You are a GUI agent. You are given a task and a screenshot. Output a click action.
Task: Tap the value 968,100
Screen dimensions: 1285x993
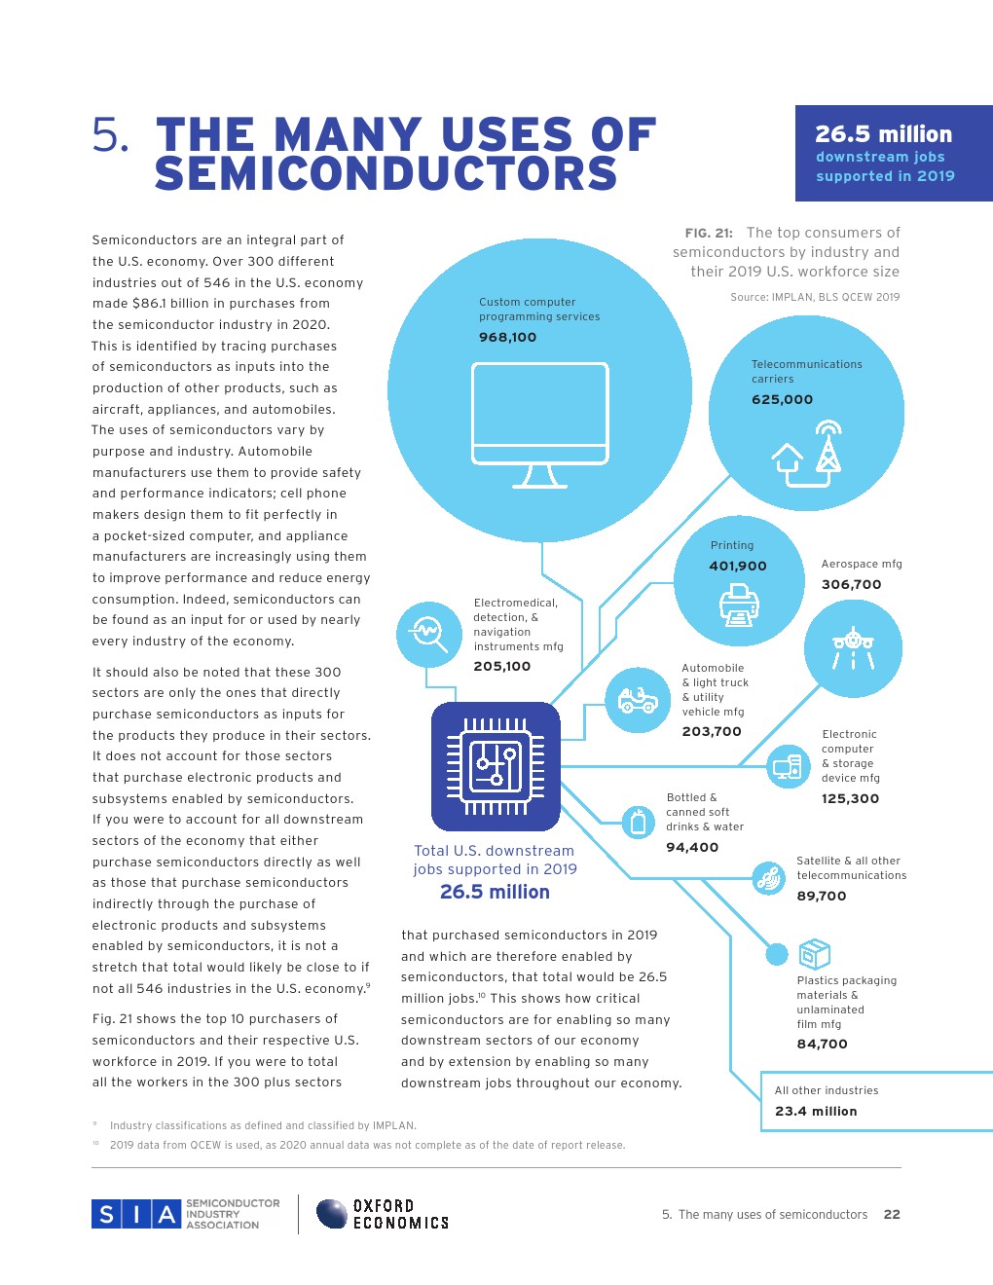coord(507,337)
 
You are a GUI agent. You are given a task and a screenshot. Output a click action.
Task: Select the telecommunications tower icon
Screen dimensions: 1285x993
coord(827,448)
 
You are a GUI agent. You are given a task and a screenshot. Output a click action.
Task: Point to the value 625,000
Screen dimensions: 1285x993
coord(782,399)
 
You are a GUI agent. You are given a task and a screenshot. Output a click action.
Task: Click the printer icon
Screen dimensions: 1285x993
coord(739,606)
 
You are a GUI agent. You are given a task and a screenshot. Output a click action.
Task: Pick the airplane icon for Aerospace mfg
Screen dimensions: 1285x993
coord(853,646)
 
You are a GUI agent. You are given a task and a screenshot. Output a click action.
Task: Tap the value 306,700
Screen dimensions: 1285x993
coord(851,584)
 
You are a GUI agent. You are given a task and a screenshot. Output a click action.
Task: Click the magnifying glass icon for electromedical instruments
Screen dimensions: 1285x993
coord(427,634)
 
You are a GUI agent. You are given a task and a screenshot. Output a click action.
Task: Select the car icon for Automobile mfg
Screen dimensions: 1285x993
coord(638,699)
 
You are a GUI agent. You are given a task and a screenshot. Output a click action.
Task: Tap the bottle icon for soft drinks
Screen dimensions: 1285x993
coord(638,823)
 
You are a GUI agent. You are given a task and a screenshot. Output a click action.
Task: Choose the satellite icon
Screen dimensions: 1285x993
coord(768,878)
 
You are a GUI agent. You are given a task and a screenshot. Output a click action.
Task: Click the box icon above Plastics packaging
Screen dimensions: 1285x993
coord(814,954)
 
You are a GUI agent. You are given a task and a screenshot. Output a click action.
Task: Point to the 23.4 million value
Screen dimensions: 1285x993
coord(816,1111)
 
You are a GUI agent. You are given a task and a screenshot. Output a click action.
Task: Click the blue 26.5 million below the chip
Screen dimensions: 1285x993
coord(495,892)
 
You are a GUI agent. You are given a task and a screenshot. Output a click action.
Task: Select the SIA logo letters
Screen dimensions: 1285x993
coord(136,1214)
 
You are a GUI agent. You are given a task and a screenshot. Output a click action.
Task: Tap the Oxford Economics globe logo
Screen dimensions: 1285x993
coord(332,1214)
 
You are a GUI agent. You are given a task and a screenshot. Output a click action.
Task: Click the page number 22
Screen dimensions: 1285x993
coord(892,1214)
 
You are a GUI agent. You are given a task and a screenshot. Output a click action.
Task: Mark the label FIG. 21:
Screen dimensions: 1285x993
coord(709,233)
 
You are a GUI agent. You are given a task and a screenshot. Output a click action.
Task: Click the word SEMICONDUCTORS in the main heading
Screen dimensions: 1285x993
coord(386,174)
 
